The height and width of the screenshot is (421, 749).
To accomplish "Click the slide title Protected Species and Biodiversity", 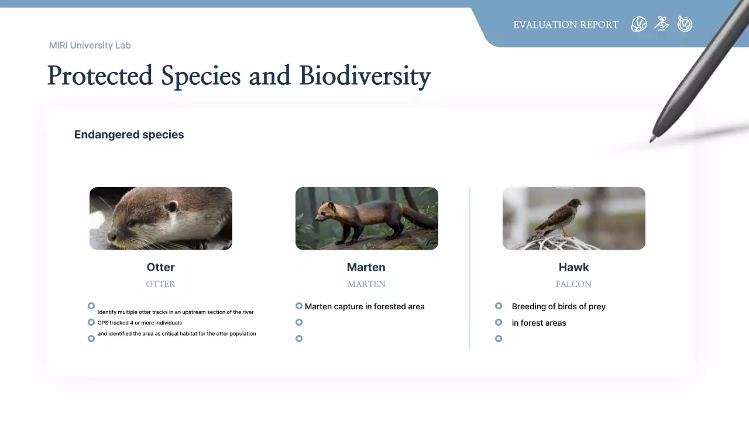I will (239, 76).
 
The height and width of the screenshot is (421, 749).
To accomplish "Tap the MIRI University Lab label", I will (90, 45).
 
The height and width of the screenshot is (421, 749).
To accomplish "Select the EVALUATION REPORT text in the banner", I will (565, 25).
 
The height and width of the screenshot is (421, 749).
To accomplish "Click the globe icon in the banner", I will (638, 24).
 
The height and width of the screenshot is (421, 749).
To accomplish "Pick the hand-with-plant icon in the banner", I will (661, 24).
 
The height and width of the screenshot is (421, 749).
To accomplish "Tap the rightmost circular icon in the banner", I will (685, 24).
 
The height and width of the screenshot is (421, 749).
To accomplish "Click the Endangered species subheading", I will (129, 134).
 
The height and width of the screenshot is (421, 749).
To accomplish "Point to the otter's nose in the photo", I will (111, 237).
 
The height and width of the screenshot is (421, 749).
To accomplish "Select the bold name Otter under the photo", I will (160, 267).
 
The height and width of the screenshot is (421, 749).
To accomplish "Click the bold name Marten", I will (366, 267).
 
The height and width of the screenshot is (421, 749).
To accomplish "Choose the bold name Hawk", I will (573, 267).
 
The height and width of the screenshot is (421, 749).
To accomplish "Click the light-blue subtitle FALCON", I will (573, 284).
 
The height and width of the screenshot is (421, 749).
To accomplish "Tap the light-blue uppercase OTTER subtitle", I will (160, 284).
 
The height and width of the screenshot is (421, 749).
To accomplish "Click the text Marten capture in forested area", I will (365, 306).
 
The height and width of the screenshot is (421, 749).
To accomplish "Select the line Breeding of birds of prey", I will (558, 306).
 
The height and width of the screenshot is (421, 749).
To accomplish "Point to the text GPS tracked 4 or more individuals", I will (139, 323).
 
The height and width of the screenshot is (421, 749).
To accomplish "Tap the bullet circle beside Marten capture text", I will (299, 306).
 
